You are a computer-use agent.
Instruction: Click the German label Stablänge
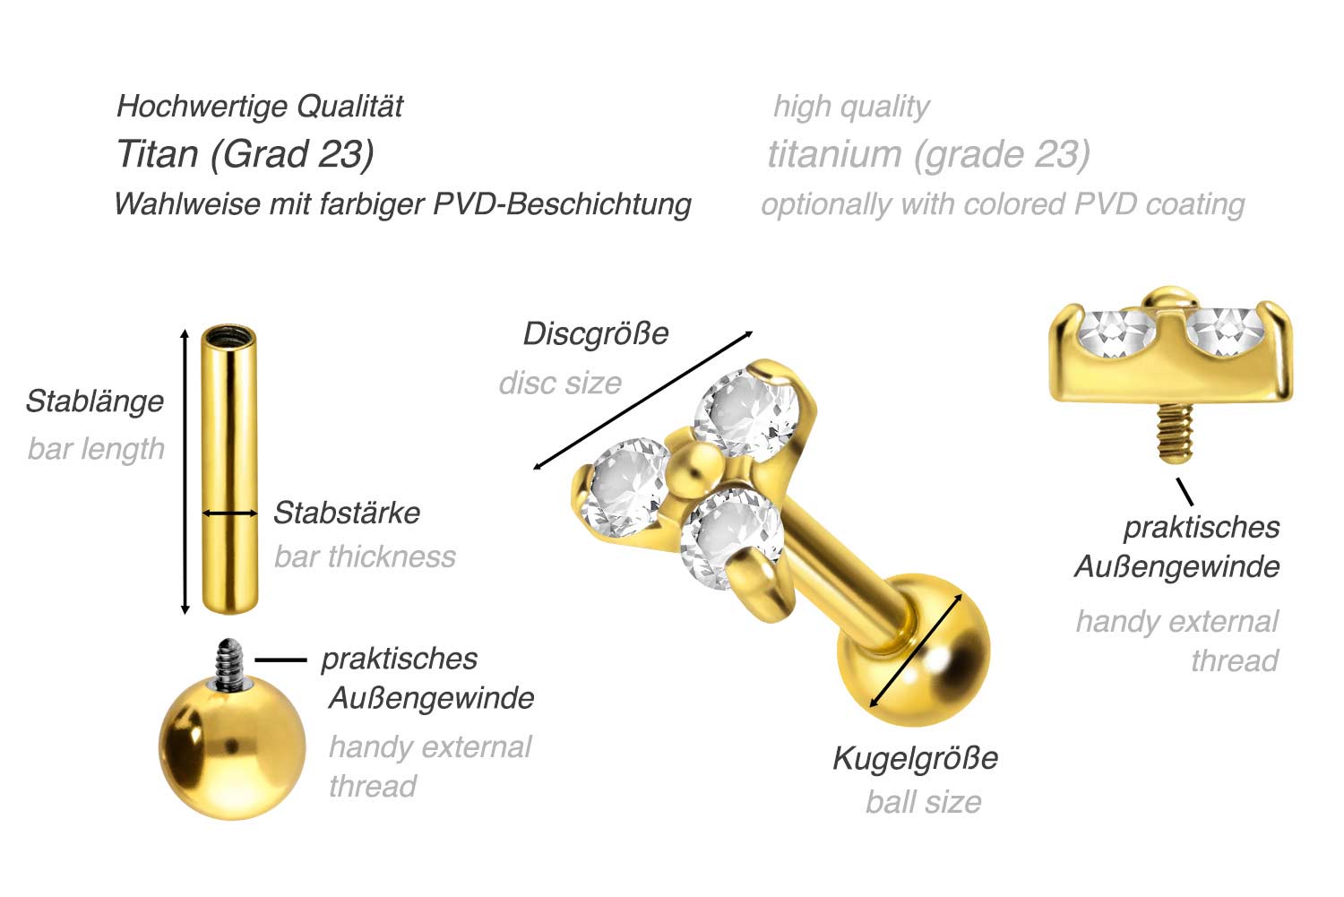(x=95, y=402)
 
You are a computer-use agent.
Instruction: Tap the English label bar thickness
(x=365, y=556)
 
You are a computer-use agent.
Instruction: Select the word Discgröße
(x=596, y=334)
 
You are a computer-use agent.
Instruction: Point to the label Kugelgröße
(x=916, y=759)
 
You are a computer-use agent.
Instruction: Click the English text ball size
(x=924, y=802)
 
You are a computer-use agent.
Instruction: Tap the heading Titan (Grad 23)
(x=246, y=154)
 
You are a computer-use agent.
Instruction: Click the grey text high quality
(x=851, y=108)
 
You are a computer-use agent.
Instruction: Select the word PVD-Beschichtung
(x=562, y=204)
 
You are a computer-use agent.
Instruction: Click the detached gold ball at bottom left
(x=232, y=747)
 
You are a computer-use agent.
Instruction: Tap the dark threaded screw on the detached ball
(x=230, y=664)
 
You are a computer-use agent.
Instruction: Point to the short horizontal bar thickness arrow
(x=229, y=513)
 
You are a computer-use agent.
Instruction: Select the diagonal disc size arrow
(x=642, y=401)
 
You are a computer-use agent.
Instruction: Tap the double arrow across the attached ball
(x=916, y=651)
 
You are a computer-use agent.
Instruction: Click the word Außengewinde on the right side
(x=1177, y=567)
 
